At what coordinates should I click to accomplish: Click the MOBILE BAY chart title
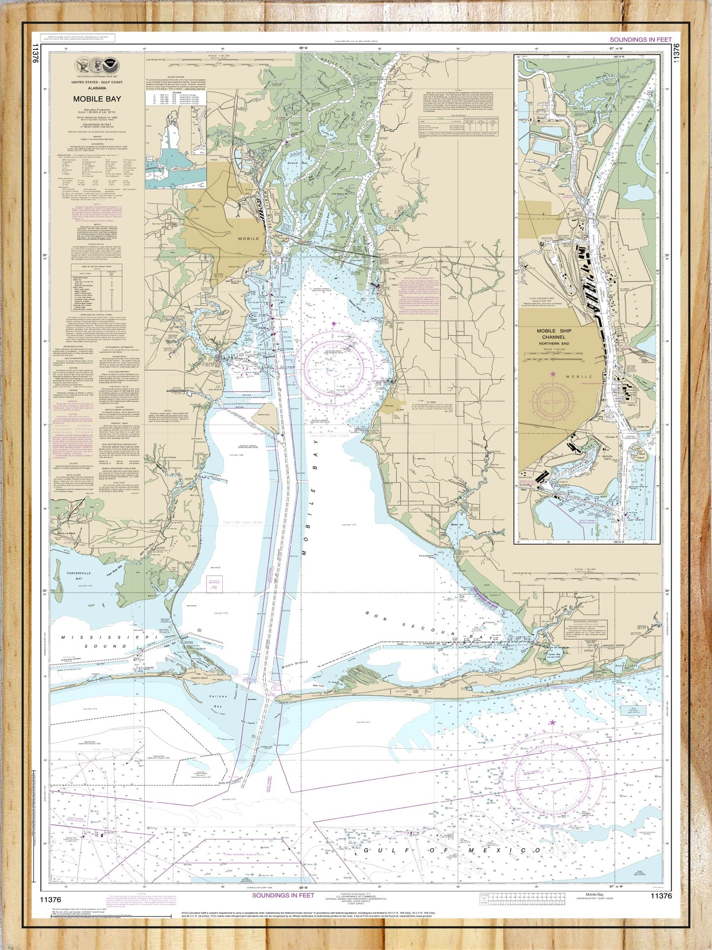[x=97, y=99]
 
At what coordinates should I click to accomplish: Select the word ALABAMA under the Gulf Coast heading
[x=97, y=88]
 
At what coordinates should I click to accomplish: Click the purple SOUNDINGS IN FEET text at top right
[x=641, y=39]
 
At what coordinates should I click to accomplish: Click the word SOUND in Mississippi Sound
[x=108, y=646]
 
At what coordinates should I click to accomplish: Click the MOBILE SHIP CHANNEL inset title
[x=554, y=334]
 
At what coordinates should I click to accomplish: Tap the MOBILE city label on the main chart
[x=248, y=238]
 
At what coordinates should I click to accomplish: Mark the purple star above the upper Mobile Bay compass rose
[x=334, y=324]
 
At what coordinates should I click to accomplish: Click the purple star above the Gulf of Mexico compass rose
[x=552, y=722]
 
